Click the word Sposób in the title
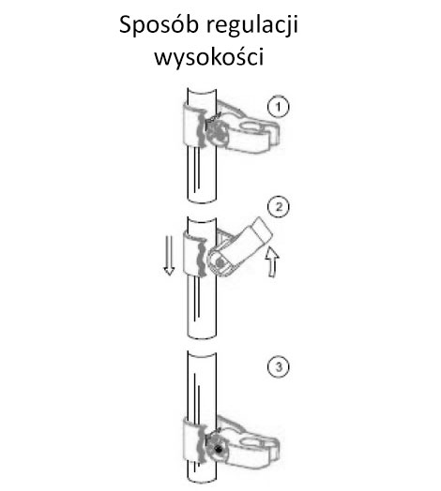[159, 25]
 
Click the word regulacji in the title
[251, 25]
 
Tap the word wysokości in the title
[209, 57]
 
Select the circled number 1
[279, 107]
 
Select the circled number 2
[279, 207]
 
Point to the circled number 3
[279, 366]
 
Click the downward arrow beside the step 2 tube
[169, 255]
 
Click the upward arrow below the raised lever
[272, 261]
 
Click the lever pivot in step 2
[220, 262]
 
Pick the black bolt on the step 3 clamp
[218, 450]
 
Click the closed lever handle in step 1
[251, 136]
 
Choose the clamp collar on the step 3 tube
[194, 440]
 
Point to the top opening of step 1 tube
[202, 90]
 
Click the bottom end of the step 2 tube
[202, 336]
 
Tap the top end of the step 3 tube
[202, 353]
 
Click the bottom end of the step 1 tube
[202, 200]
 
